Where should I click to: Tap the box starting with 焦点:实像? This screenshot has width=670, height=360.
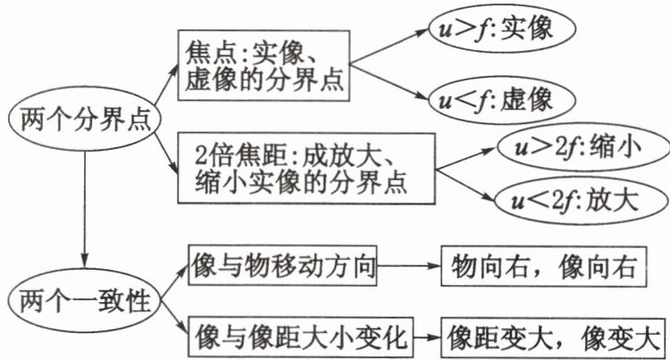coord(266,67)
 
